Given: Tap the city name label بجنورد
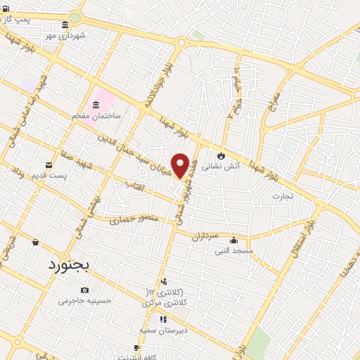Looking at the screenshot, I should coord(70,265).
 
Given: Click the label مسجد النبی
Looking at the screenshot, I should coord(233,250).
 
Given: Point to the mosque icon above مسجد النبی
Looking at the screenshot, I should coord(233,240).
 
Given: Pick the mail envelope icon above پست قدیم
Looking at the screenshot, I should coord(49,165).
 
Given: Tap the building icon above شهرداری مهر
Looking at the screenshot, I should coord(65,25).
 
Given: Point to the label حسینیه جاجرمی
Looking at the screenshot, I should coord(84,300).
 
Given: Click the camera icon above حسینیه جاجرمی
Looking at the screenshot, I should coord(84,290).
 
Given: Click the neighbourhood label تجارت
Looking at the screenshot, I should coord(283,196).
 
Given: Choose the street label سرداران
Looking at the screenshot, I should coord(205,237).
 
